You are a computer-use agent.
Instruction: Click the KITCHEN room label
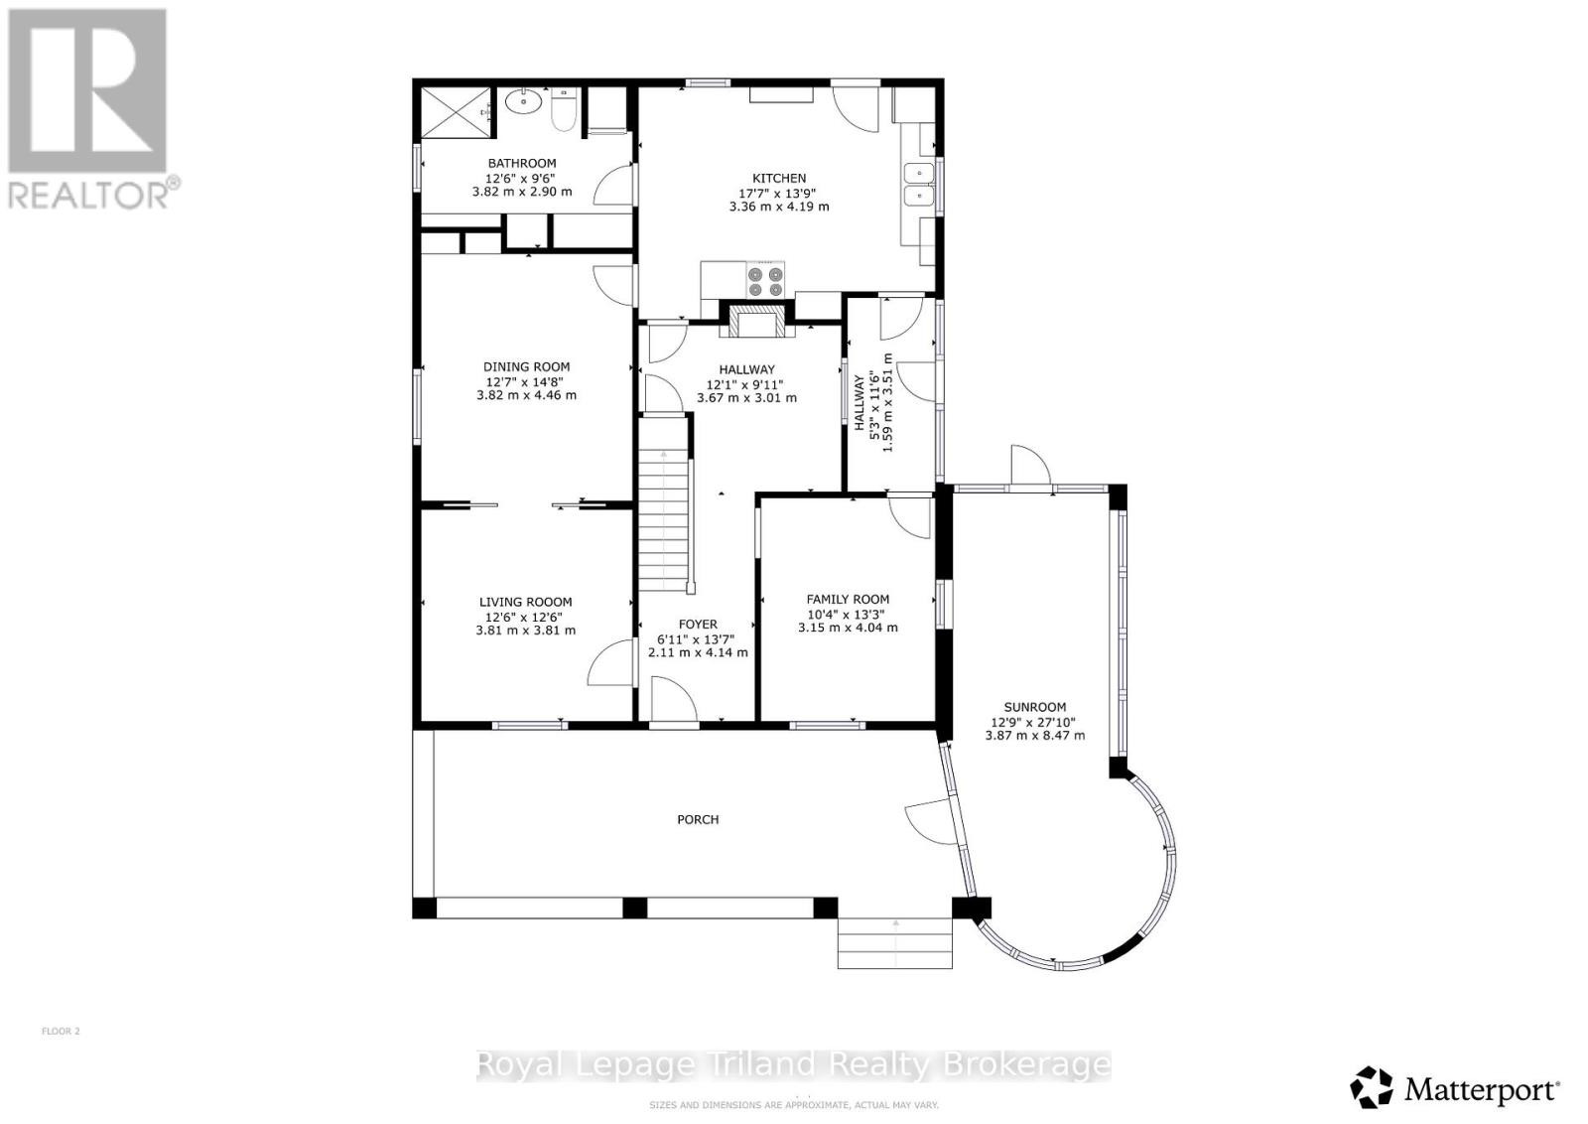coord(778,179)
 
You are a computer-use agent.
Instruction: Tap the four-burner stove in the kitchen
coord(765,281)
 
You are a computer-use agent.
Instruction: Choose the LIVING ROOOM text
coord(525,602)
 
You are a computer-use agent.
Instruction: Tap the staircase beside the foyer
coord(663,516)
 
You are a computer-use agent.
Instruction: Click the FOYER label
coord(698,625)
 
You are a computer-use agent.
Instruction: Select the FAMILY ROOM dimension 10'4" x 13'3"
coord(848,614)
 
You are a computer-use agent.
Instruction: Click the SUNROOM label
coord(1034,708)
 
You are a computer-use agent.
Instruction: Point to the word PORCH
coord(698,820)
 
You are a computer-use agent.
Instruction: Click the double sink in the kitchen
coord(921,186)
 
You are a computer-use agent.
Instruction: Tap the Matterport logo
coord(1455,1088)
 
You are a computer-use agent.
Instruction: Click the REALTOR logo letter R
coord(87,89)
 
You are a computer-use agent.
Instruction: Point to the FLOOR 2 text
coord(61,1032)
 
